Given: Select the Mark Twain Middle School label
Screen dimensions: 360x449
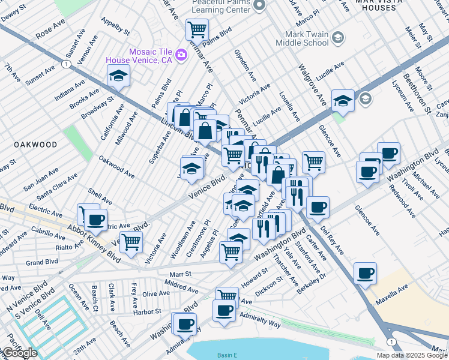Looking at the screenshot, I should click(x=302, y=38).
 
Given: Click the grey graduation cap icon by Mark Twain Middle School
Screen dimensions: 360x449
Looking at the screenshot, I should click(x=337, y=38).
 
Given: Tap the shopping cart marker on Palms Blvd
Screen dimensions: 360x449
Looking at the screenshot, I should click(x=196, y=29).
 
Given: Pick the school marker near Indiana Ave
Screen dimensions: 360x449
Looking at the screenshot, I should click(x=118, y=76).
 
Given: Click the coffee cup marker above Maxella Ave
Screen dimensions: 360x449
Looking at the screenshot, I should click(x=365, y=274).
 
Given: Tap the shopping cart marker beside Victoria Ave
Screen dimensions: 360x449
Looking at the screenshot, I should click(x=131, y=241).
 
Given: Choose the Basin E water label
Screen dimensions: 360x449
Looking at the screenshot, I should click(x=228, y=355).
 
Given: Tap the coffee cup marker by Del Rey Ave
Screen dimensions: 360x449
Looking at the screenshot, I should click(x=318, y=208).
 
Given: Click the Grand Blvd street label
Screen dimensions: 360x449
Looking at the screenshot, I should click(x=42, y=262).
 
